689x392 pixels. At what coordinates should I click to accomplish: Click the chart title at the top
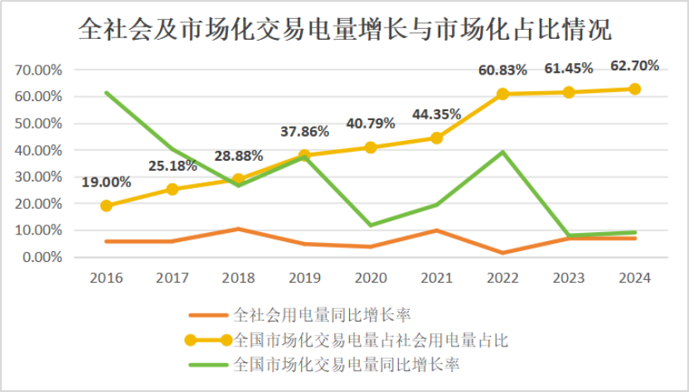pyautogui.click(x=344, y=31)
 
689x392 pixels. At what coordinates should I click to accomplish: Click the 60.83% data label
pyautogui.click(x=502, y=70)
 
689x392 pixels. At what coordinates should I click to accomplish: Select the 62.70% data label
pyautogui.click(x=634, y=65)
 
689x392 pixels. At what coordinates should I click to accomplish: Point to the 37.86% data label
pyautogui.click(x=304, y=131)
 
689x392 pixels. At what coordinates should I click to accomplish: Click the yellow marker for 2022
pyautogui.click(x=502, y=94)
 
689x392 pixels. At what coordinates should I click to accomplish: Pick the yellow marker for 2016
pyautogui.click(x=106, y=206)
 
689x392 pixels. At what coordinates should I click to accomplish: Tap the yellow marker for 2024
pyautogui.click(x=634, y=89)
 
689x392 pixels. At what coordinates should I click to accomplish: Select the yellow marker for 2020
pyautogui.click(x=371, y=148)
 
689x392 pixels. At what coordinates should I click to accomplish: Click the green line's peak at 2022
pyautogui.click(x=502, y=152)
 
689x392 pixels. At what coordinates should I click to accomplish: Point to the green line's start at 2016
pyautogui.click(x=106, y=92)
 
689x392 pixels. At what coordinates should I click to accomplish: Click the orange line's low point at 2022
pyautogui.click(x=502, y=253)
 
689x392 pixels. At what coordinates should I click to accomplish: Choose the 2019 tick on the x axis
pyautogui.click(x=304, y=278)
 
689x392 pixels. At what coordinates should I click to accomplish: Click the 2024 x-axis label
pyautogui.click(x=634, y=278)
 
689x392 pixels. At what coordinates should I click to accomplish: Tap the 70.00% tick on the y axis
pyautogui.click(x=39, y=70)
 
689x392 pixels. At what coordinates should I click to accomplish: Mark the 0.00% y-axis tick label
pyautogui.click(x=42, y=257)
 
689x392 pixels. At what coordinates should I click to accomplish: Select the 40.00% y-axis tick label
pyautogui.click(x=39, y=150)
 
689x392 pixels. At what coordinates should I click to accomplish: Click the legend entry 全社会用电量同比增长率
pyautogui.click(x=323, y=315)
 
